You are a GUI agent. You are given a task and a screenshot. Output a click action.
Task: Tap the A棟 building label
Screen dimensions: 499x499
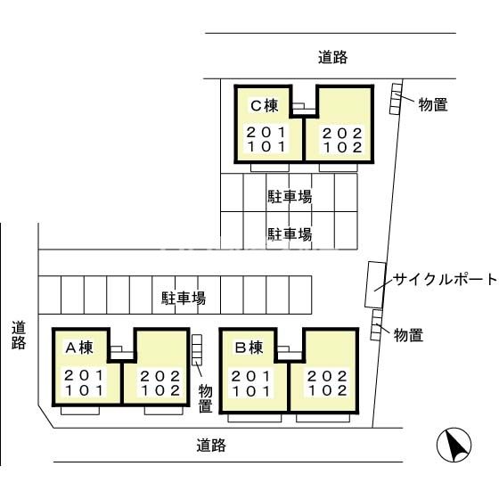79,347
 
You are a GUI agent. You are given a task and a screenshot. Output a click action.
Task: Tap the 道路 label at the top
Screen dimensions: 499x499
332,57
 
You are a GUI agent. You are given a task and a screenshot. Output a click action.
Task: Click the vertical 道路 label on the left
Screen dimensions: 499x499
19,335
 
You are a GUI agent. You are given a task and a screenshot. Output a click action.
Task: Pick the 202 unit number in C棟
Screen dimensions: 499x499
342,134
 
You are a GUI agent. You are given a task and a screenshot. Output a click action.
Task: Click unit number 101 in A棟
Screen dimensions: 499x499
83,389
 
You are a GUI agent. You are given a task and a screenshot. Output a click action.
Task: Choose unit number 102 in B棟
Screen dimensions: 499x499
327,389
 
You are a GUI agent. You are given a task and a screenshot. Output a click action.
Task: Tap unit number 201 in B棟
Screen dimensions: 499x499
252,375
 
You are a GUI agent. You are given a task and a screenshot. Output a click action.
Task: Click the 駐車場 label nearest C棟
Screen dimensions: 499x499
290,197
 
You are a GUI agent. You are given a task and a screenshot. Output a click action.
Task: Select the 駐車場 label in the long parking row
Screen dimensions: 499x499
184,298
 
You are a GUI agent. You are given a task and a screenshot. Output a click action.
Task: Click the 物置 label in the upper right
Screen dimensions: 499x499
432,104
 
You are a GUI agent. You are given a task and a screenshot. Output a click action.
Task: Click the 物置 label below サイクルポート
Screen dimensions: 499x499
408,335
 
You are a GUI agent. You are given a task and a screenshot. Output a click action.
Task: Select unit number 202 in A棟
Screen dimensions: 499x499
161,375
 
